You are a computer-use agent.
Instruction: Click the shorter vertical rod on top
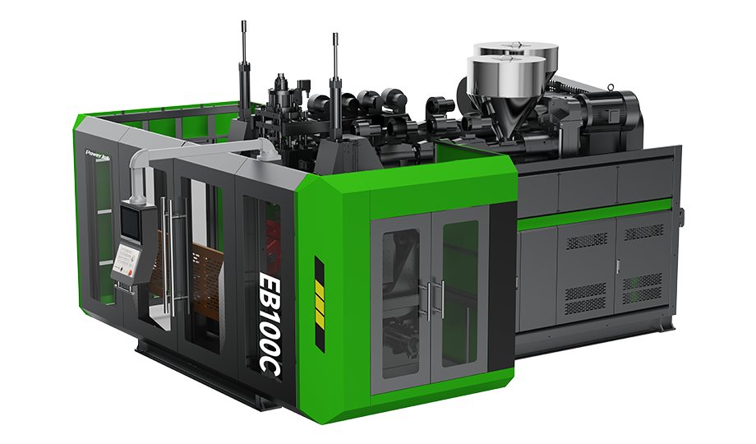[335, 66]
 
